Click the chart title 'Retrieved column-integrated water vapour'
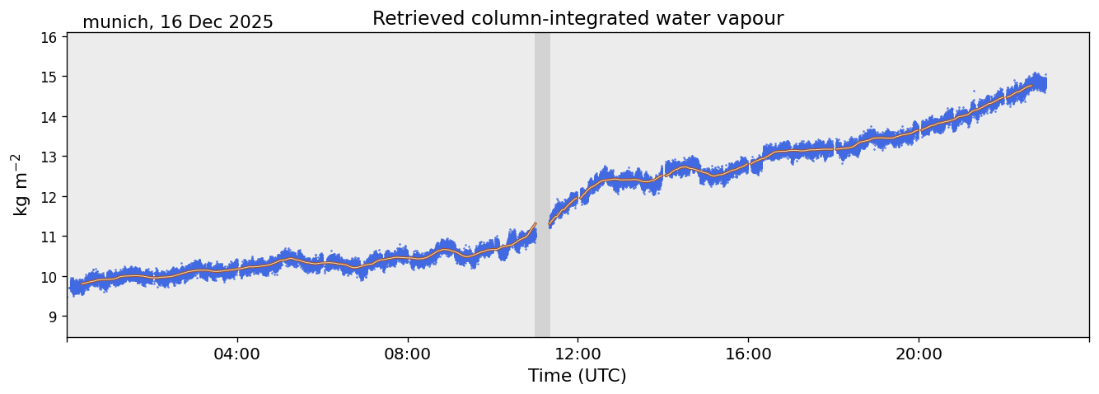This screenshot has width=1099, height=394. [x=578, y=18]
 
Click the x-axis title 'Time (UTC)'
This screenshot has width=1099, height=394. [x=577, y=376]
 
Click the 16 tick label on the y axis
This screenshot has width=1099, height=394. [x=49, y=37]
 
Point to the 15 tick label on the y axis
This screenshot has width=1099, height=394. [x=49, y=77]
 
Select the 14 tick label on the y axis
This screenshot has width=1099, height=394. [x=49, y=117]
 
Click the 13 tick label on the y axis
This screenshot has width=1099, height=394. [x=49, y=157]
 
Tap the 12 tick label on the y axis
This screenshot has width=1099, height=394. [x=49, y=197]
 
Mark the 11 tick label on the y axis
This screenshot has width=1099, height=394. [x=49, y=237]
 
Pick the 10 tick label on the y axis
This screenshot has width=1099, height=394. [x=49, y=277]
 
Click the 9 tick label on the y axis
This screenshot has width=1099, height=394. [x=53, y=317]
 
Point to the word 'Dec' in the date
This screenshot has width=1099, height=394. [x=204, y=22]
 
